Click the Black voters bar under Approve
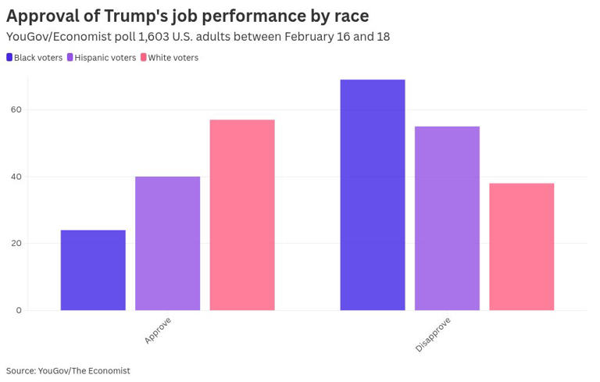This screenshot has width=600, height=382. [93, 270]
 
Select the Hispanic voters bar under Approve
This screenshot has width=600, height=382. [167, 244]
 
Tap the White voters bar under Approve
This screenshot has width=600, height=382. [242, 215]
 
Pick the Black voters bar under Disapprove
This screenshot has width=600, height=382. [373, 195]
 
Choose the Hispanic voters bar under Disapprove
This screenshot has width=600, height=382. [447, 219]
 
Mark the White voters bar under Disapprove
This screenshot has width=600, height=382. [521, 247]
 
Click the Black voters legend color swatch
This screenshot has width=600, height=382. [9, 58]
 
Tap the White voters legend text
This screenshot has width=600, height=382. [173, 58]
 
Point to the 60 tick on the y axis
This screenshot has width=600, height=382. [16, 110]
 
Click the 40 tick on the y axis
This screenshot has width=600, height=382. [16, 177]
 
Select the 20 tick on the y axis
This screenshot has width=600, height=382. [16, 244]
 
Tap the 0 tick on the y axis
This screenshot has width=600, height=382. [18, 310]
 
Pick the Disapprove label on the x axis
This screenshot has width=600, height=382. [433, 334]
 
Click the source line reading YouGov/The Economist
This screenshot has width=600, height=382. [68, 370]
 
